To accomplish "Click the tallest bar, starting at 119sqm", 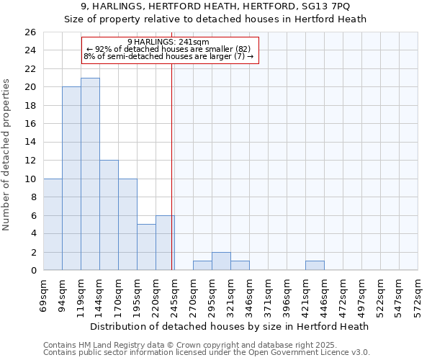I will click(90, 174).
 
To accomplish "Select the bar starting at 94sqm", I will click(71, 179).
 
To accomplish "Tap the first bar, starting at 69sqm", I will click(53, 225).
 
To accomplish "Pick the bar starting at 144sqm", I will click(109, 215).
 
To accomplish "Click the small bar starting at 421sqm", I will click(315, 266).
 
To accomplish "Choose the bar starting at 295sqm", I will click(221, 261).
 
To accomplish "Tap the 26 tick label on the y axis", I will click(30, 32).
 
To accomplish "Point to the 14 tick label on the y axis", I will click(30, 142).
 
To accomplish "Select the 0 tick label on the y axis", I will click(32, 271).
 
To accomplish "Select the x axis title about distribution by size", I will click(230, 326).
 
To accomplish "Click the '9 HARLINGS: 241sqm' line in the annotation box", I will click(168, 42).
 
